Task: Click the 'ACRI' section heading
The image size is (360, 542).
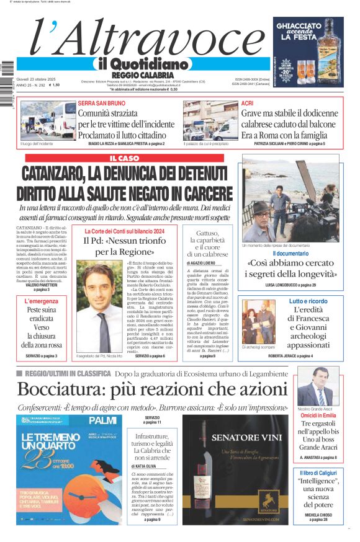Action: click(x=247, y=103)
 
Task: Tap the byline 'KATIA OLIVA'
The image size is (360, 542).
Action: click(x=147, y=466)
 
